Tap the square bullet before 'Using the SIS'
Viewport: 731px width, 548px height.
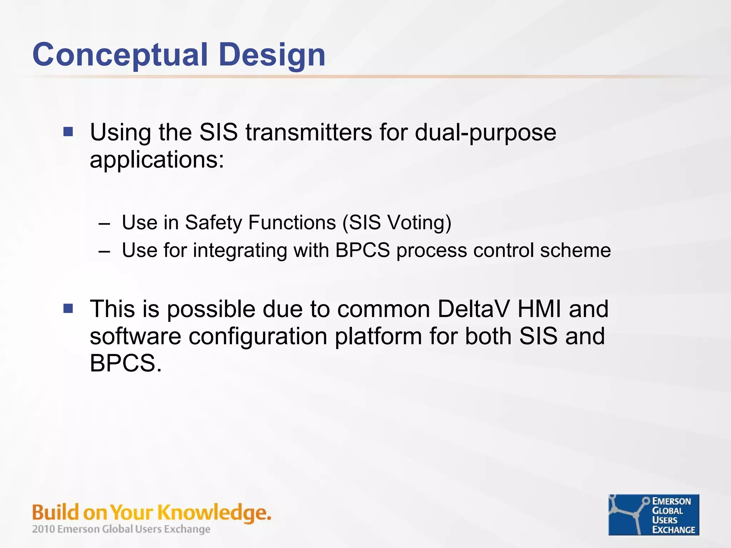(x=68, y=132)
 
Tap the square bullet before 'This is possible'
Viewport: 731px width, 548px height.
(x=68, y=308)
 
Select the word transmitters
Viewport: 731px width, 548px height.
(x=309, y=132)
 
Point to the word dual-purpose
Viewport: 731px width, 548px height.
(x=485, y=133)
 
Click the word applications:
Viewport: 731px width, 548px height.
(x=157, y=159)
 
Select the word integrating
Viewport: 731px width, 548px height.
(x=240, y=250)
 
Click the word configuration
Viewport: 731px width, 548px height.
(x=258, y=337)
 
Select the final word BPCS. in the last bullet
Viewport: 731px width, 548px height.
(x=126, y=363)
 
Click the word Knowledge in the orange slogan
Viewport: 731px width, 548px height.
(x=213, y=513)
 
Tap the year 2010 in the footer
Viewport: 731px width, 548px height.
(x=44, y=529)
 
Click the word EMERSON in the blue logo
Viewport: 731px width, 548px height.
(x=671, y=501)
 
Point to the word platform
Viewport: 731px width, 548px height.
(x=378, y=337)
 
